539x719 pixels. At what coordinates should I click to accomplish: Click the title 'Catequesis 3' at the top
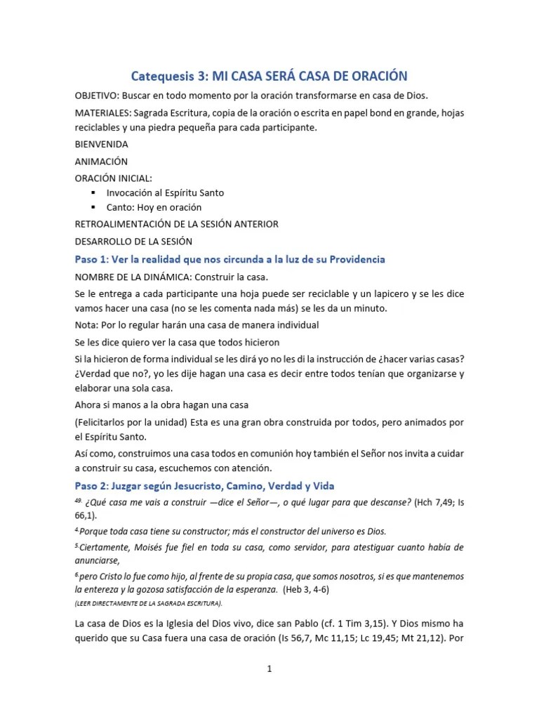pyautogui.click(x=166, y=75)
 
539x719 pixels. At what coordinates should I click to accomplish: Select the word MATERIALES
pyautogui.click(x=104, y=113)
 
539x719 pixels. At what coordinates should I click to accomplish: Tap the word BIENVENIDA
pyautogui.click(x=102, y=144)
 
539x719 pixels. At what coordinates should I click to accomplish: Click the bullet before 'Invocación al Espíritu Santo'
pyautogui.click(x=93, y=192)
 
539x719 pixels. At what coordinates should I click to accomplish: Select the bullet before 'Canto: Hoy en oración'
pyautogui.click(x=93, y=208)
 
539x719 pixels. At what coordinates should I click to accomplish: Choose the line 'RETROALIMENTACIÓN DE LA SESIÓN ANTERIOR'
pyautogui.click(x=177, y=224)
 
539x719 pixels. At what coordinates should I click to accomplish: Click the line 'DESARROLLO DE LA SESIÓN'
pyautogui.click(x=133, y=241)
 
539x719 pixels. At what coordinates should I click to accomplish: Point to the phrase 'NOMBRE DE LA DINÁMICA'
pyautogui.click(x=134, y=277)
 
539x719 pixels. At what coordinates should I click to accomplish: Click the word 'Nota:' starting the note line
pyautogui.click(x=87, y=325)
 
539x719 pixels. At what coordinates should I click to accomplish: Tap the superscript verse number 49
pyautogui.click(x=79, y=500)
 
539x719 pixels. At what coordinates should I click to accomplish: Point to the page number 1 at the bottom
pyautogui.click(x=269, y=669)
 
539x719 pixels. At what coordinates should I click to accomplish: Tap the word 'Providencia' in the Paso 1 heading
pyautogui.click(x=352, y=260)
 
